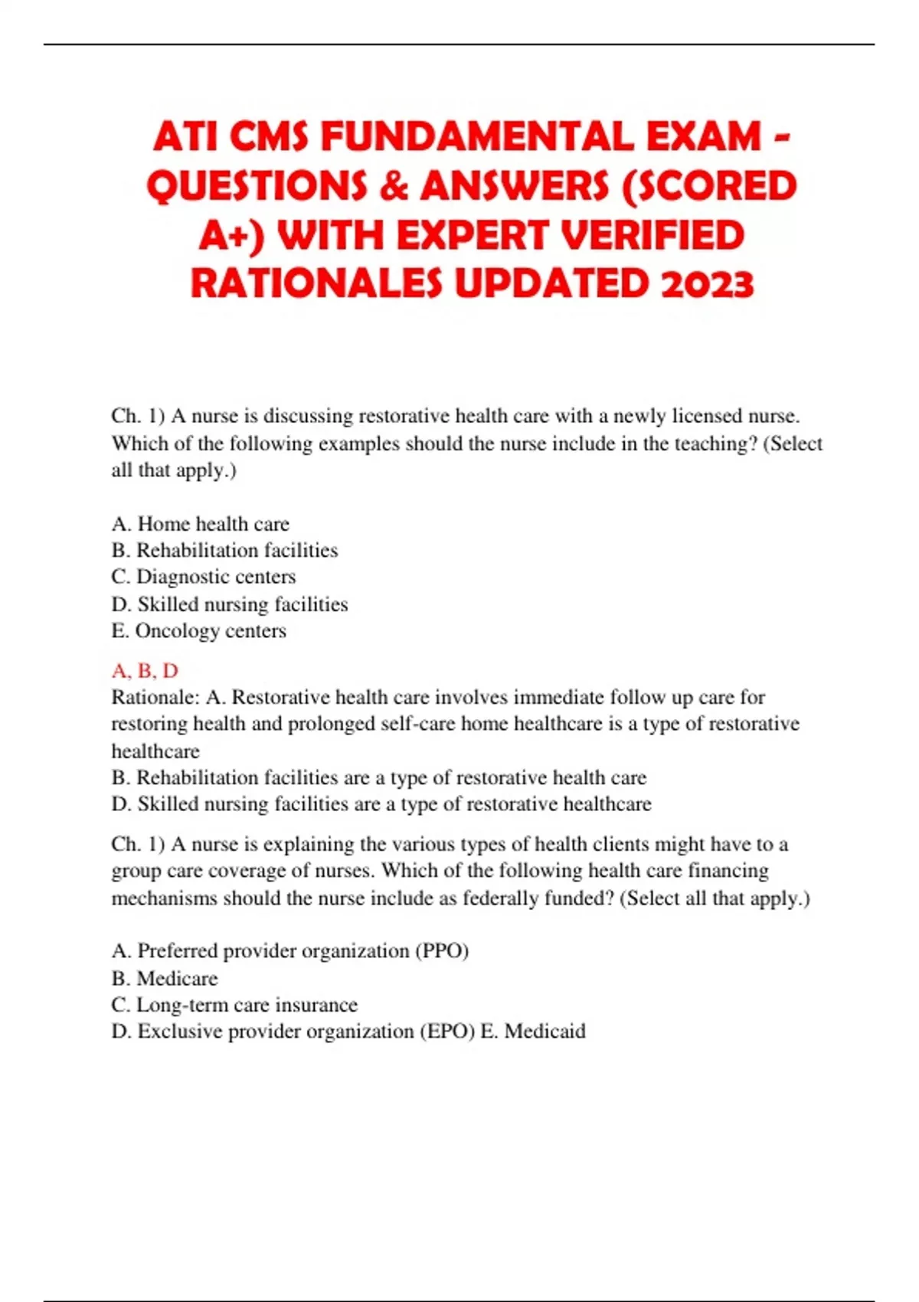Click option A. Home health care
click(201, 524)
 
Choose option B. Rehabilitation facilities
click(224, 550)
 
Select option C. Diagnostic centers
click(204, 577)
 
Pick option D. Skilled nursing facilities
click(230, 604)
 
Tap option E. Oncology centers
click(199, 631)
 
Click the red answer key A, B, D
click(145, 671)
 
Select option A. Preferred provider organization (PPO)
click(290, 951)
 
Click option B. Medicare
click(165, 978)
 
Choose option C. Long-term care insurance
click(234, 1005)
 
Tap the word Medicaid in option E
click(545, 1032)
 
